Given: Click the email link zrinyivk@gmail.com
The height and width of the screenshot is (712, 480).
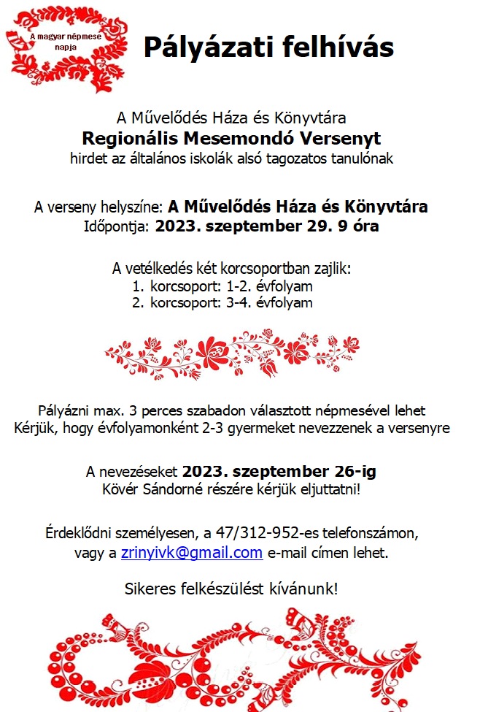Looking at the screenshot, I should coord(191,552).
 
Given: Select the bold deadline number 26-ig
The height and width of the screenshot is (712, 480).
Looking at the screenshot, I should coord(349,471).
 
